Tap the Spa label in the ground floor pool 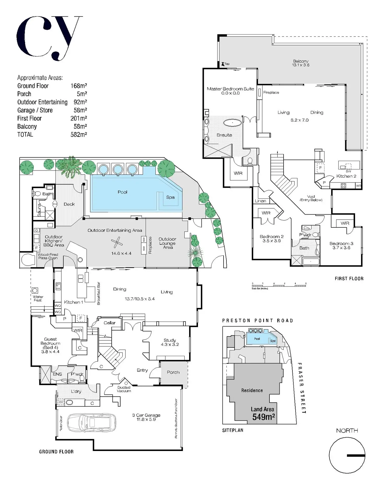(170, 197)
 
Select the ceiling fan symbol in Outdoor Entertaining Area (117, 242)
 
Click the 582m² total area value (79, 134)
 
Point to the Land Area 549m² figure (263, 413)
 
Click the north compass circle (347, 455)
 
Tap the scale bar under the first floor (279, 286)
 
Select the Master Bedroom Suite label (230, 89)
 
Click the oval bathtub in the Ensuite (232, 123)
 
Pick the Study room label (170, 340)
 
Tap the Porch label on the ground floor (173, 372)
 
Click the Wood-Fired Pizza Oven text (48, 256)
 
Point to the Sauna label (39, 210)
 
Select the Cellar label (109, 323)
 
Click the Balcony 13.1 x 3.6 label (301, 63)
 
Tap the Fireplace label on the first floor (271, 93)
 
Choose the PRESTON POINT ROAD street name (257, 321)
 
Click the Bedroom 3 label (341, 243)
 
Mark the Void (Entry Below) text (311, 198)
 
